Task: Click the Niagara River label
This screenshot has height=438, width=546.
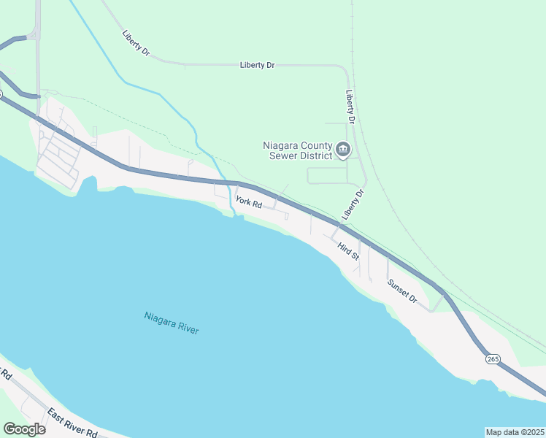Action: (172, 323)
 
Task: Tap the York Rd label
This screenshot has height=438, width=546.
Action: (248, 202)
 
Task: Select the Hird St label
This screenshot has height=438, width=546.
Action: (348, 251)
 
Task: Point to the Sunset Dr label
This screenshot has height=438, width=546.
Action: (401, 292)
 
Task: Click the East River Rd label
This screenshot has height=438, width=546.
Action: (72, 423)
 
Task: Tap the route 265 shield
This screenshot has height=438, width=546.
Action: (493, 358)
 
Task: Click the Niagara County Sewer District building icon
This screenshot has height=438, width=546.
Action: (343, 151)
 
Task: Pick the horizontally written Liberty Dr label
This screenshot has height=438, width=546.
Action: (257, 66)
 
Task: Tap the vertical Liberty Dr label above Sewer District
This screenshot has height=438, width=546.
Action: (350, 107)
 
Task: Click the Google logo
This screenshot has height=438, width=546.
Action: (24, 429)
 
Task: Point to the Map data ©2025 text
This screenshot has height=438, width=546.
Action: (515, 432)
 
